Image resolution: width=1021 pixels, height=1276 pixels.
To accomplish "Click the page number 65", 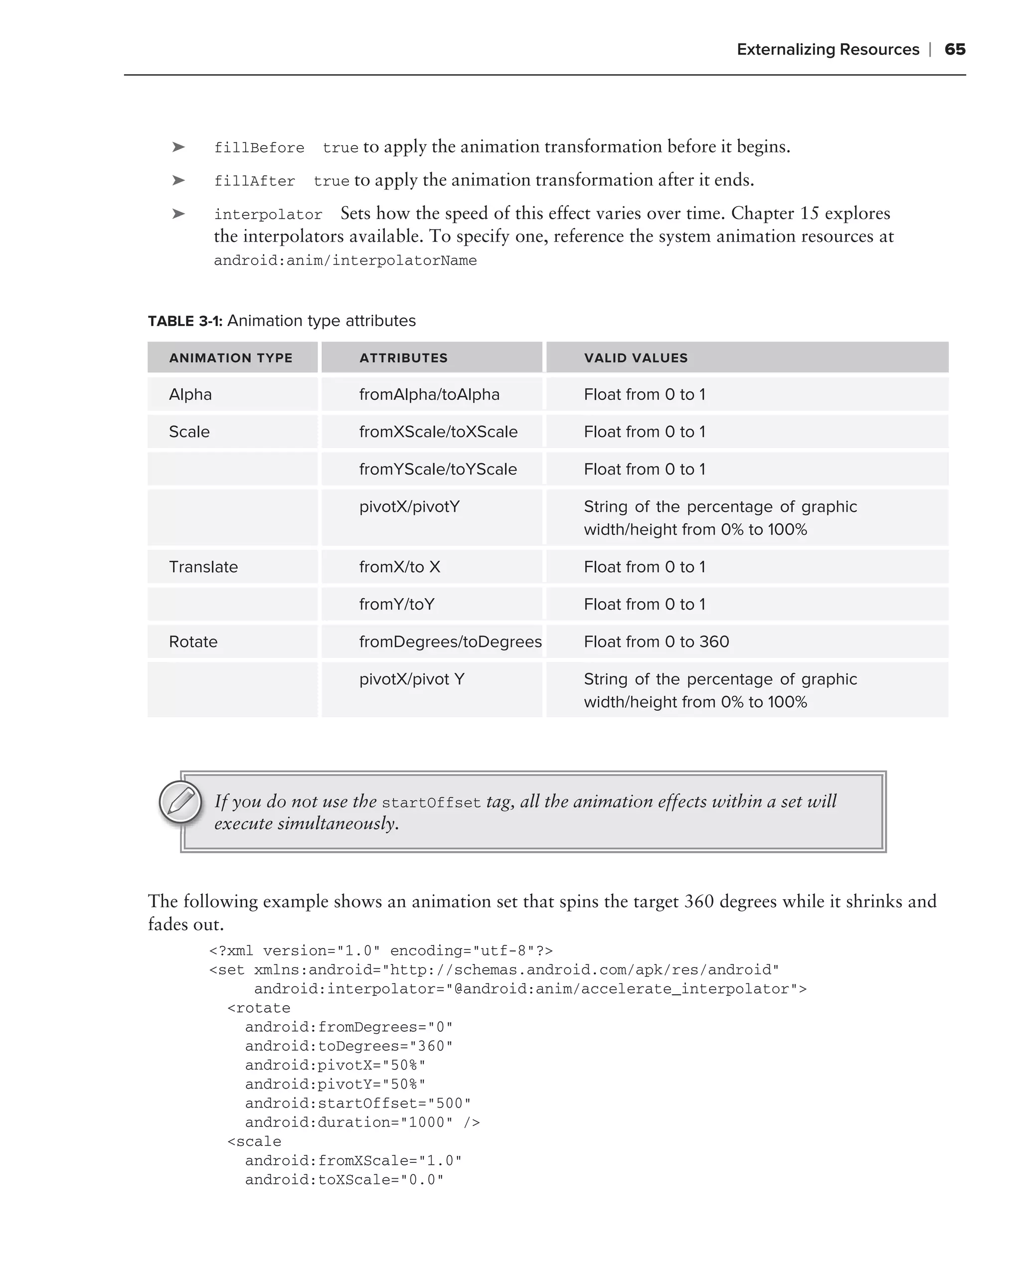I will pos(954,49).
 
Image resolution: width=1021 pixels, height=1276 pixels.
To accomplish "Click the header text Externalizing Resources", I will pos(828,49).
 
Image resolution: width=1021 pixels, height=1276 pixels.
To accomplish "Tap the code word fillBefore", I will pos(259,148).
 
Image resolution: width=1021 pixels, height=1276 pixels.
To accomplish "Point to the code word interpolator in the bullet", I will pos(268,214).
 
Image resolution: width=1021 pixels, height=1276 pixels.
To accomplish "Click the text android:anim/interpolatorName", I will pos(345,260).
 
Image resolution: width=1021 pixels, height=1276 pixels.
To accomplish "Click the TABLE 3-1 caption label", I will pos(184,321).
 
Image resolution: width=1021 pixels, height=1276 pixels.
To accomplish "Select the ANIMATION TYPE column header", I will pos(231,358).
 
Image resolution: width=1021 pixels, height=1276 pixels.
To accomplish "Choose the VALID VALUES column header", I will pos(636,358).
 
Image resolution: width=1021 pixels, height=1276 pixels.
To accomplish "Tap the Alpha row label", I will pos(190,395).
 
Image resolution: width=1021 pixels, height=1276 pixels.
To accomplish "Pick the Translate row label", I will pos(203,567).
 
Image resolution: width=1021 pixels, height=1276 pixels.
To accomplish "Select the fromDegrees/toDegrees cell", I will pos(450,641).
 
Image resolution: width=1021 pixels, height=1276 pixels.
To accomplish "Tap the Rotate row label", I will pos(193,641).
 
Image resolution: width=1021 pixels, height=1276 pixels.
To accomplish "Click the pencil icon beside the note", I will pos(180,802).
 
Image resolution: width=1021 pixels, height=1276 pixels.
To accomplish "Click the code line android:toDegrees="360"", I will pos(348,1046).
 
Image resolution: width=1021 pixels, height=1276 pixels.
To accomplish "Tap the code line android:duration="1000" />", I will pos(362,1122).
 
